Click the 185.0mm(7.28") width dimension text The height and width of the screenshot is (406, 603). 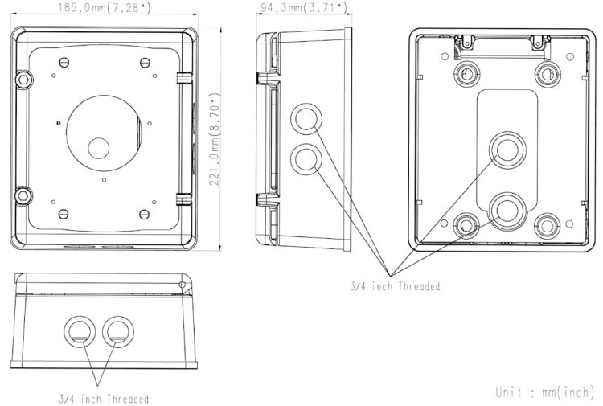pos(105,7)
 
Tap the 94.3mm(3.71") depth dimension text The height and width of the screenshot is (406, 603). pos(304,7)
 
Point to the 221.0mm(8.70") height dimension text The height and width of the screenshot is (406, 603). pos(215,139)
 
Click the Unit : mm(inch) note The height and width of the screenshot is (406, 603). pos(545,392)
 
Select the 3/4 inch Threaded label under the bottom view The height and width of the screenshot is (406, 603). pos(104,399)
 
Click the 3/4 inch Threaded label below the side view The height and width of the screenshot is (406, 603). pos(395,286)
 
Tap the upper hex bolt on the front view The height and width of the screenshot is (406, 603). pos(23,80)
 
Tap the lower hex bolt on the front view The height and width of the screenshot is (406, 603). pos(23,195)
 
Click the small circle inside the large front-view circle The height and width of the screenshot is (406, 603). pos(99,148)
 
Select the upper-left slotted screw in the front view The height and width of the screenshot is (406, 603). pos(64,62)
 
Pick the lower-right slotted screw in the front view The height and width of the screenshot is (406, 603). pos(144,214)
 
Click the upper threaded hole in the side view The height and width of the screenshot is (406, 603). pos(306,119)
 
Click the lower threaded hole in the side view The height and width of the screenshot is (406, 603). pos(306,159)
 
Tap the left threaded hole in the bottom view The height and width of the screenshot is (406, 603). pos(80,332)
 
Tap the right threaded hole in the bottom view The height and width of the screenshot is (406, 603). pos(118,332)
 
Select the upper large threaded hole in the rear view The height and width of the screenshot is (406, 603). pos(507,150)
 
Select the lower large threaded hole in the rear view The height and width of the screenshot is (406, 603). pos(507,211)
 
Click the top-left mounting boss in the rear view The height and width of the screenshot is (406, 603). pos(466,74)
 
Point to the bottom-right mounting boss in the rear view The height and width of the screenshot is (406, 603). pos(547,226)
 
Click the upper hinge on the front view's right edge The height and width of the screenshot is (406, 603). pos(184,78)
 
